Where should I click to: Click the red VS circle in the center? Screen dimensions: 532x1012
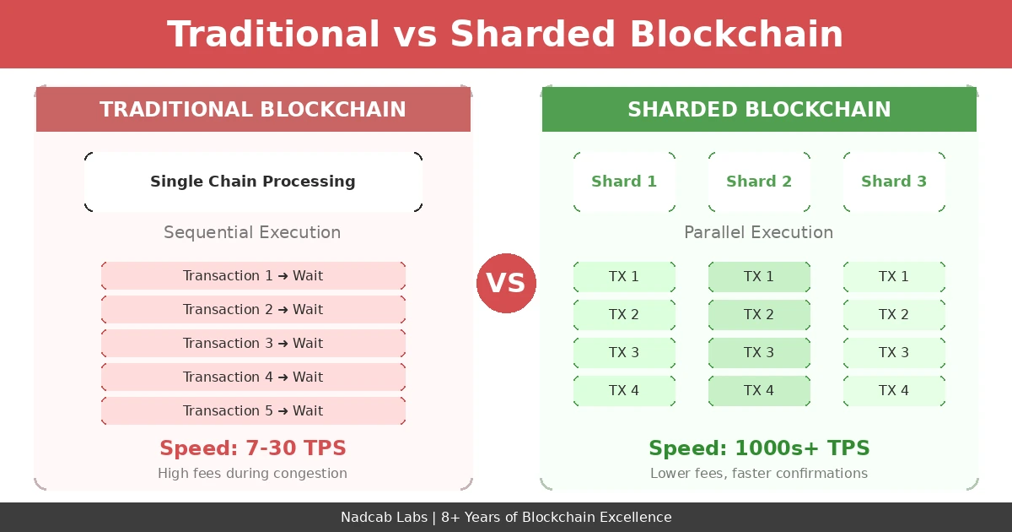[x=506, y=283]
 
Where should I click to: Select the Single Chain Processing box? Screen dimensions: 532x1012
[x=253, y=182]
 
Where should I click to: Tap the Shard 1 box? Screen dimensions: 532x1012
[x=624, y=182]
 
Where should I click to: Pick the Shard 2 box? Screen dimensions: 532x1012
[x=759, y=182]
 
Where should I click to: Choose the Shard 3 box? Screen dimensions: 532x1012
[x=894, y=182]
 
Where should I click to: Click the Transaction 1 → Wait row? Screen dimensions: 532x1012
[x=253, y=276]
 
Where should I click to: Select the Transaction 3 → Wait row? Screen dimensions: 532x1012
[x=253, y=344]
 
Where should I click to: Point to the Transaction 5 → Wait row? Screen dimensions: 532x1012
[x=253, y=411]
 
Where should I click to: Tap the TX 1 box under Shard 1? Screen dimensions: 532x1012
[x=624, y=277]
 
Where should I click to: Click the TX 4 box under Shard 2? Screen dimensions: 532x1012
[x=759, y=391]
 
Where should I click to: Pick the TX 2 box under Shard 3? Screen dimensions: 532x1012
[x=894, y=315]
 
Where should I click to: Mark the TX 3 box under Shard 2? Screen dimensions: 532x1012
[x=759, y=353]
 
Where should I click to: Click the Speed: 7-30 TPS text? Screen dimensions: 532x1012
[x=253, y=448]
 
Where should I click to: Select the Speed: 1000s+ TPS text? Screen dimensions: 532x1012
[x=759, y=448]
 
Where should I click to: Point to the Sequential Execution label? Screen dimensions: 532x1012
[x=252, y=232]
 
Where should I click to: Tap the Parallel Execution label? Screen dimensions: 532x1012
[x=758, y=232]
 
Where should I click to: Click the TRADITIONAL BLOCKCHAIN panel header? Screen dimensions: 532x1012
[x=253, y=110]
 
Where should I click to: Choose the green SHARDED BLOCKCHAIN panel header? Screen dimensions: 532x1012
[x=759, y=110]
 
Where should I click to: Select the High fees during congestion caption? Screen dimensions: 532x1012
[x=252, y=474]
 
